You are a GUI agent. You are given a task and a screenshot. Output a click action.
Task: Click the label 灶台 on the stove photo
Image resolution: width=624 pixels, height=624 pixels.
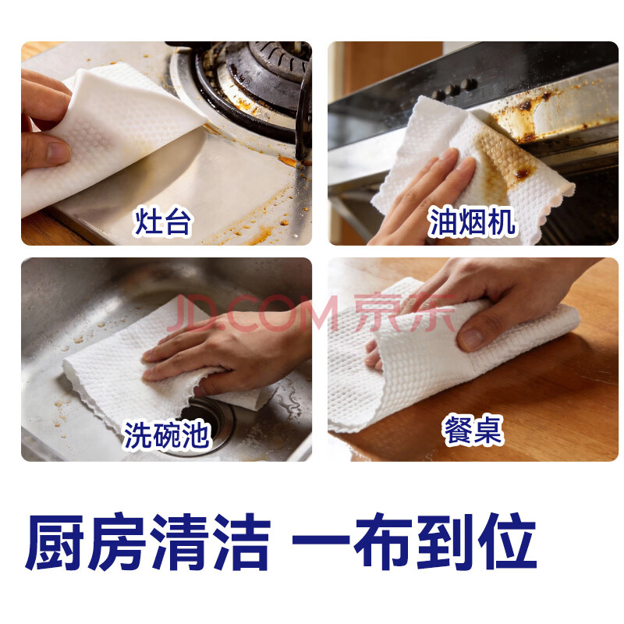[163, 222]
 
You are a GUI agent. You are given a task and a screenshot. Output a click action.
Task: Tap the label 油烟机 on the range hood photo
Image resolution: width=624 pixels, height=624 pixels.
[472, 222]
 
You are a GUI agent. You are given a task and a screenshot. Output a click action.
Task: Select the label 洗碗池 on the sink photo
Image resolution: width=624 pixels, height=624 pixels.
[167, 435]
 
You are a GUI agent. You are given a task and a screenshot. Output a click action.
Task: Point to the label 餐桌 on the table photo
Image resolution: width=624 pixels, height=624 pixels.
[473, 430]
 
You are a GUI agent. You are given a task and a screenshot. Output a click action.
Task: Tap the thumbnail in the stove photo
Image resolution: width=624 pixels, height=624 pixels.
[59, 153]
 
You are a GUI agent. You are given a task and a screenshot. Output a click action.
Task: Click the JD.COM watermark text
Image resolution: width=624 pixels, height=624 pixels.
[252, 314]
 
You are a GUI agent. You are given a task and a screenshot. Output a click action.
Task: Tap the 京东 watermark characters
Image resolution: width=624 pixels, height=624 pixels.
[405, 314]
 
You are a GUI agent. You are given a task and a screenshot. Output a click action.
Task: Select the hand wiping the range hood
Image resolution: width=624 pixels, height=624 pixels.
[422, 197]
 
